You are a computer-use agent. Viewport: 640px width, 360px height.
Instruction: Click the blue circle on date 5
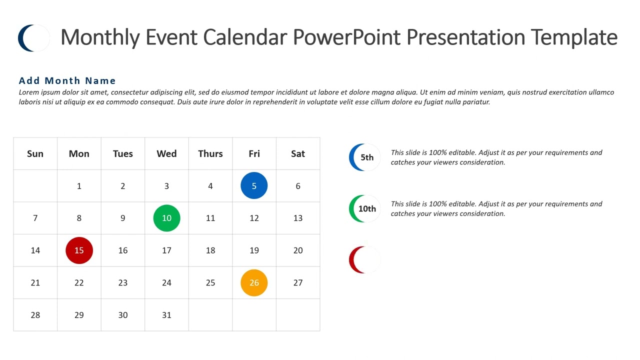pos(254,185)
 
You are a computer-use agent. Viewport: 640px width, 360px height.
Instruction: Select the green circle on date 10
pos(166,218)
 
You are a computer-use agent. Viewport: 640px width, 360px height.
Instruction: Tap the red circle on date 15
pos(79,250)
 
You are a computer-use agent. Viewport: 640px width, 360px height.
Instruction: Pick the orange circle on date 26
pos(254,282)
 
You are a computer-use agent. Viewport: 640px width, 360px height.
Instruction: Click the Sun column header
pos(35,153)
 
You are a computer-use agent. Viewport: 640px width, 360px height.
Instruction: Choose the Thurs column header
pos(210,153)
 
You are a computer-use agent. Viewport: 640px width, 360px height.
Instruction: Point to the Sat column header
pos(298,153)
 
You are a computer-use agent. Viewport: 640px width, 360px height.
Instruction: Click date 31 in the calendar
pos(166,315)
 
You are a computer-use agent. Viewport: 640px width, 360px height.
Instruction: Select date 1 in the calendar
pos(79,186)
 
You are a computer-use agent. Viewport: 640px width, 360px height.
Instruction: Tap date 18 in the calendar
pos(210,250)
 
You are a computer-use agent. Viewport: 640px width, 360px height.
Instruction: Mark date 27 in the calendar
pos(298,282)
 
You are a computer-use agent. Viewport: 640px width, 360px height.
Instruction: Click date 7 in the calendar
pos(35,218)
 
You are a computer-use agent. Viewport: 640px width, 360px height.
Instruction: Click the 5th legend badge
pos(365,157)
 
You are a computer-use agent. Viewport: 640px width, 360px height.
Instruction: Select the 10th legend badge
pos(365,208)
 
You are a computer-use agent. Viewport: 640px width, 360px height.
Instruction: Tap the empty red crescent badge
pos(364,260)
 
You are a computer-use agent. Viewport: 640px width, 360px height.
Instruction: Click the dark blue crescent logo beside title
pos(33,38)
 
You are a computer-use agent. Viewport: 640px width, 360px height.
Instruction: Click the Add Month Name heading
pos(67,80)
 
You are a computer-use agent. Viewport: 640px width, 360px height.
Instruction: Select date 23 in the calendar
pos(123,282)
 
